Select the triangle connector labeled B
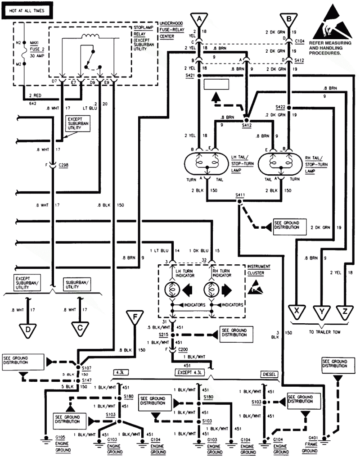point(288,19)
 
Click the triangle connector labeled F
point(134,318)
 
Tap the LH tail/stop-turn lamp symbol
point(205,163)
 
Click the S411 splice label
point(240,195)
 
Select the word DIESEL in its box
point(270,374)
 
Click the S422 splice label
point(281,107)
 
